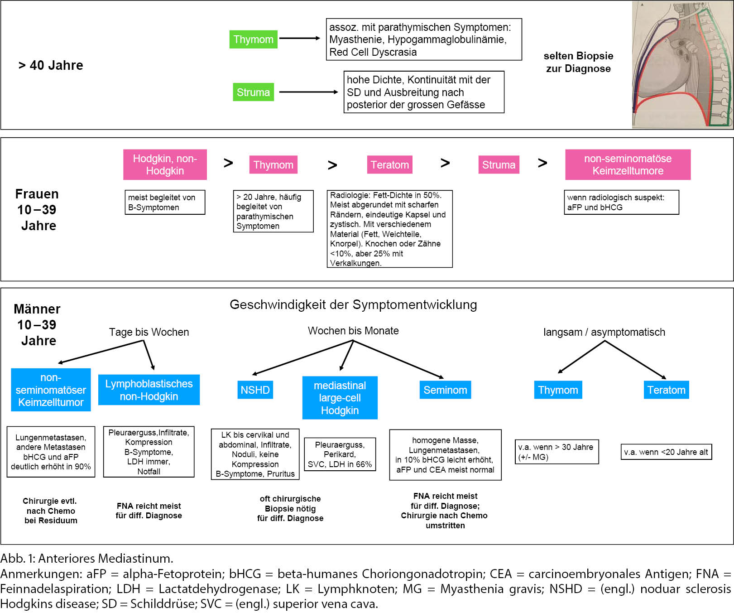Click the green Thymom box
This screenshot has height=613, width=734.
(253, 39)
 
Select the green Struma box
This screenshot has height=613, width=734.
(253, 92)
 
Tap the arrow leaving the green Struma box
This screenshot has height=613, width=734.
(308, 92)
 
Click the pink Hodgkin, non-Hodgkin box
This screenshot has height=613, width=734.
(165, 164)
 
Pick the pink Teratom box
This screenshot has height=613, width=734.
(389, 164)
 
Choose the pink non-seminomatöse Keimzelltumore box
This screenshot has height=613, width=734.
(628, 164)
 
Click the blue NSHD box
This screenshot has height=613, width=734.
(255, 390)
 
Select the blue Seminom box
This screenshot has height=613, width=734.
(445, 390)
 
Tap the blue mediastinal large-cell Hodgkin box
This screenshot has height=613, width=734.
(340, 398)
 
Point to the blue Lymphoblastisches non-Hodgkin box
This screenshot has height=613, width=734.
(149, 390)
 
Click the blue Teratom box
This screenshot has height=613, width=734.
(666, 390)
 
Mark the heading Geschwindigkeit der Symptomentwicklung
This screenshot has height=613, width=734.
(353, 304)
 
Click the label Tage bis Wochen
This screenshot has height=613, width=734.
(149, 332)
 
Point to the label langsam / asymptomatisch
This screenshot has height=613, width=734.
(604, 332)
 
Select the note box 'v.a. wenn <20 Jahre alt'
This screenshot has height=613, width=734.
(666, 452)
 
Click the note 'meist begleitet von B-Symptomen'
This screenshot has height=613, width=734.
(165, 202)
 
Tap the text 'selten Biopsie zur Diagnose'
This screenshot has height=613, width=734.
(578, 62)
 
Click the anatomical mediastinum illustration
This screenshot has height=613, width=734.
(682, 65)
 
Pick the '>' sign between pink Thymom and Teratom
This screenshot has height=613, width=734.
(332, 165)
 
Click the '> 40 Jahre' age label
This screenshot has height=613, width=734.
(51, 65)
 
